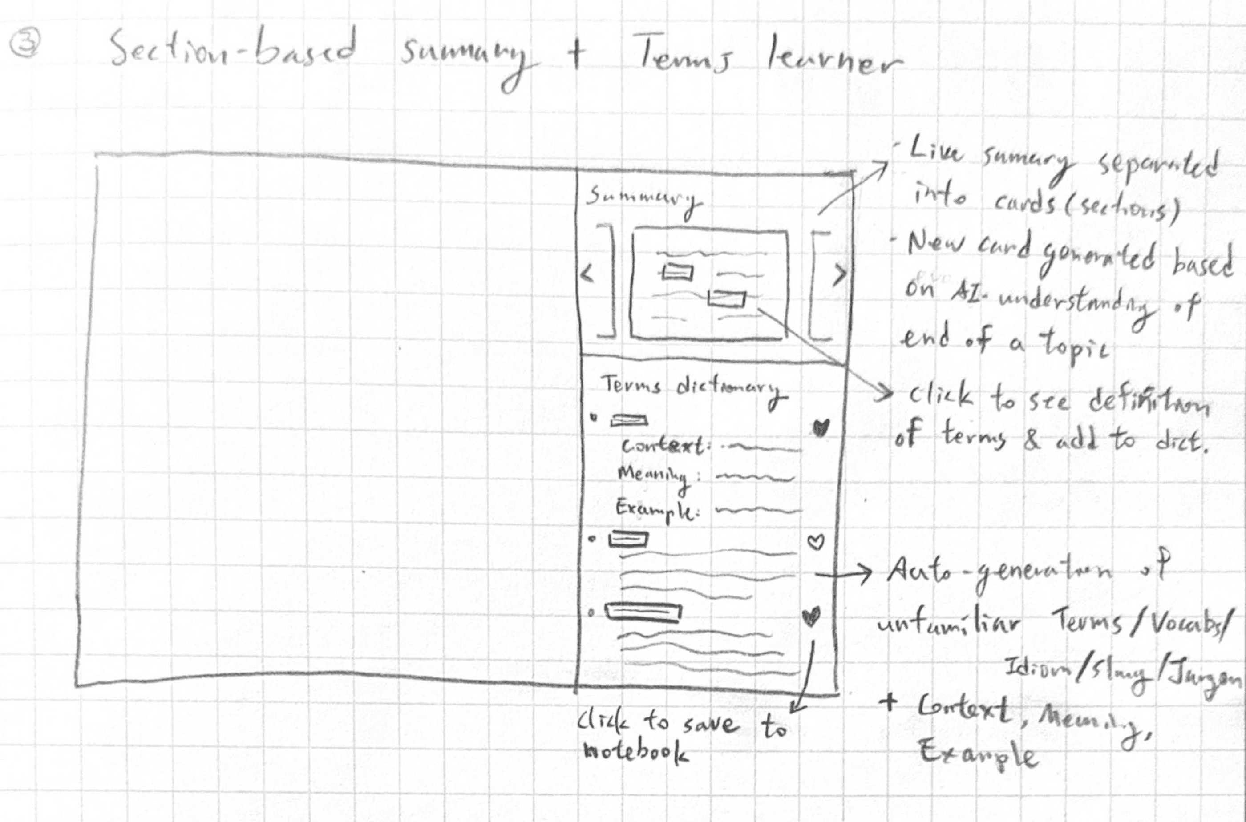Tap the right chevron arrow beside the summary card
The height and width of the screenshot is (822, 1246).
click(839, 275)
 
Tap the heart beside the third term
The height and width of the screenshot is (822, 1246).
click(811, 616)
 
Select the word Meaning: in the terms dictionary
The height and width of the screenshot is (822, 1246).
click(655, 477)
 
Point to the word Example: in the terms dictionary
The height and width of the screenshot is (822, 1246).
click(656, 510)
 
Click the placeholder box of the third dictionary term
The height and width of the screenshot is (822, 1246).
click(643, 612)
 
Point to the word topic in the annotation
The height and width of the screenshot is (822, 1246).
click(1075, 348)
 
